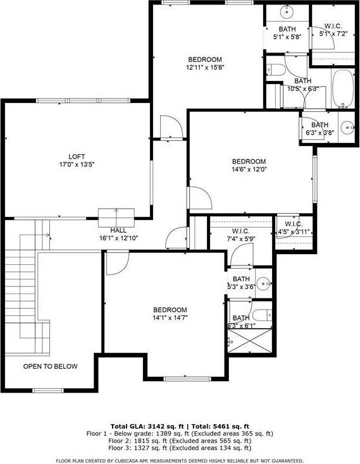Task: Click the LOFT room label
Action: point(77,157)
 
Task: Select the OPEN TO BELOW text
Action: point(51,367)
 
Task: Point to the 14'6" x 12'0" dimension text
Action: point(249,169)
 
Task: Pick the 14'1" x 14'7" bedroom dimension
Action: point(170,318)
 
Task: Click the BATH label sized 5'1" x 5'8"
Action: point(287,29)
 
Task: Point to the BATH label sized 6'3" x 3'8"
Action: point(320,125)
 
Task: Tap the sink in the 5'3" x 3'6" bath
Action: point(266,283)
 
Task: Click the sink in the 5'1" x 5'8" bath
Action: point(287,12)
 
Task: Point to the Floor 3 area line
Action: point(180,449)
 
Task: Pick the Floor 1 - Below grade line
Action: point(180,434)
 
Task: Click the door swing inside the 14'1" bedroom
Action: point(115,264)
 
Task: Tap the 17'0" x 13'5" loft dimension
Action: point(77,165)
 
